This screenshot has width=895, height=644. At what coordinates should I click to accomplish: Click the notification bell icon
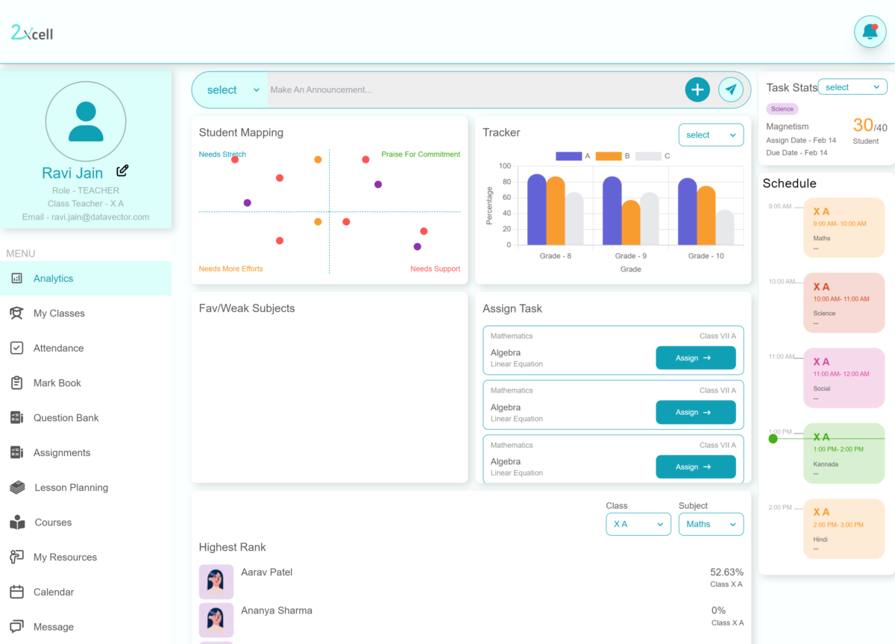(870, 31)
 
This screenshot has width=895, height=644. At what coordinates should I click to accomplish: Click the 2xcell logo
(32, 32)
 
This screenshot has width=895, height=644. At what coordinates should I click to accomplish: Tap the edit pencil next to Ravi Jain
(122, 171)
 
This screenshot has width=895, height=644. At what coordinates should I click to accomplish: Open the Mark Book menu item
(57, 383)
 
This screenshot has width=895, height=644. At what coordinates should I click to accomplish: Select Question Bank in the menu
(66, 418)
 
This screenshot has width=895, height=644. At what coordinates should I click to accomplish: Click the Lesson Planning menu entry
(71, 487)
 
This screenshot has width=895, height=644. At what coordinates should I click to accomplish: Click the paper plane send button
(731, 90)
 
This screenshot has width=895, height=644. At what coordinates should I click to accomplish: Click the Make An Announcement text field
(470, 90)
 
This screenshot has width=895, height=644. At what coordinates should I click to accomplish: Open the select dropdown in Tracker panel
(711, 135)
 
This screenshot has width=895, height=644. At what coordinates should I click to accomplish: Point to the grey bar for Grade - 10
(725, 228)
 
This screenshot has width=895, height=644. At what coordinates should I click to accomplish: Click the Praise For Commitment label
(421, 154)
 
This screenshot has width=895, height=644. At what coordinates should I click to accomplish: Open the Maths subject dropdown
(711, 524)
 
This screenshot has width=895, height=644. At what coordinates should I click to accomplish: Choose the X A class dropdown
(638, 524)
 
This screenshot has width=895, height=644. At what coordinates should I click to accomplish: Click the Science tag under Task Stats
(782, 109)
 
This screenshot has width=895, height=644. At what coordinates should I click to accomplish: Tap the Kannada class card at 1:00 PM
(844, 455)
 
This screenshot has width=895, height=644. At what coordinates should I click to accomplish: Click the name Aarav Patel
(266, 572)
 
